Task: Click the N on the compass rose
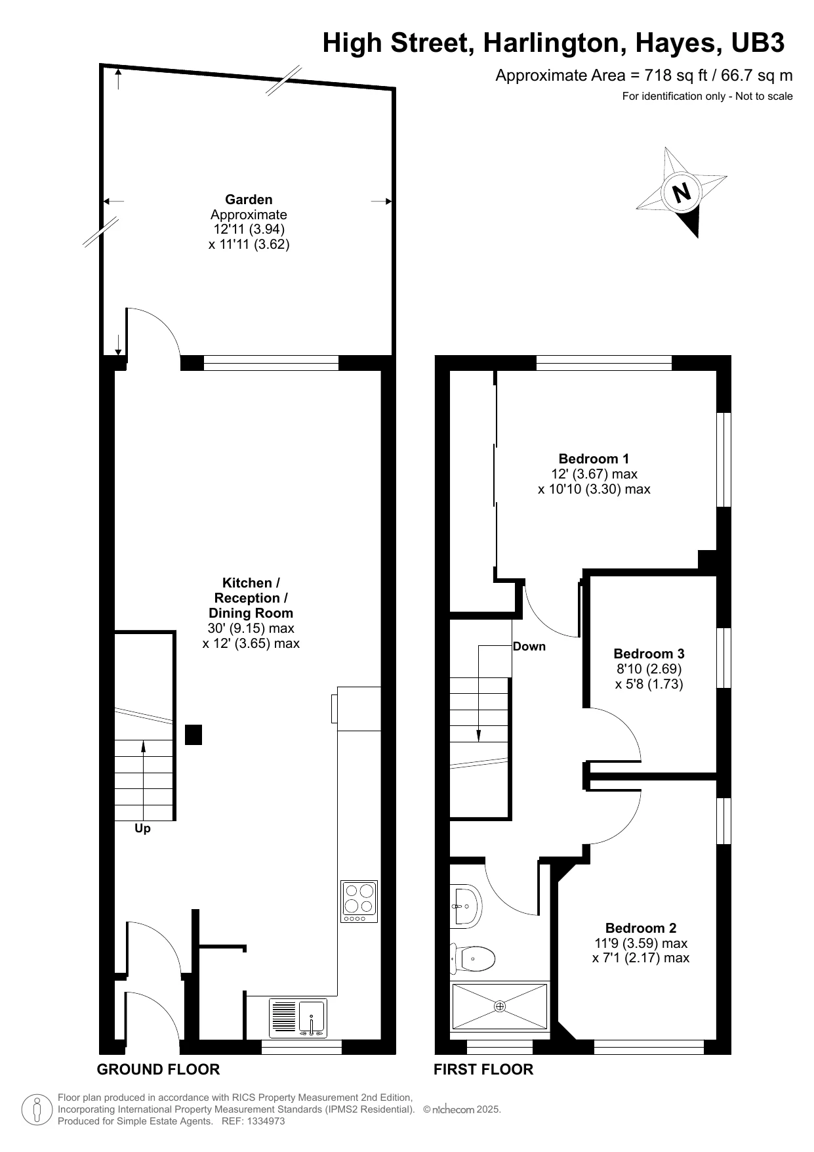[x=682, y=192]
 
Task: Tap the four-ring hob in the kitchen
[x=359, y=901]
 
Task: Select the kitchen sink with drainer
[x=298, y=1018]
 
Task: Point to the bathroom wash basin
[x=466, y=906]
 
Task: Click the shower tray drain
[x=500, y=1006]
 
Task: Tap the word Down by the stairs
[x=529, y=647]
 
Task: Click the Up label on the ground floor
[x=142, y=829]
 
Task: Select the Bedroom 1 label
[x=594, y=459]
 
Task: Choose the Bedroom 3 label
[x=649, y=654]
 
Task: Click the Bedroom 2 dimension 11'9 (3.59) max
[x=640, y=943]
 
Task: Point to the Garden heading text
[x=249, y=200]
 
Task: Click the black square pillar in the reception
[x=193, y=735]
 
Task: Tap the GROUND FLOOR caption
[x=158, y=1069]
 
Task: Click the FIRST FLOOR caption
[x=483, y=1069]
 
